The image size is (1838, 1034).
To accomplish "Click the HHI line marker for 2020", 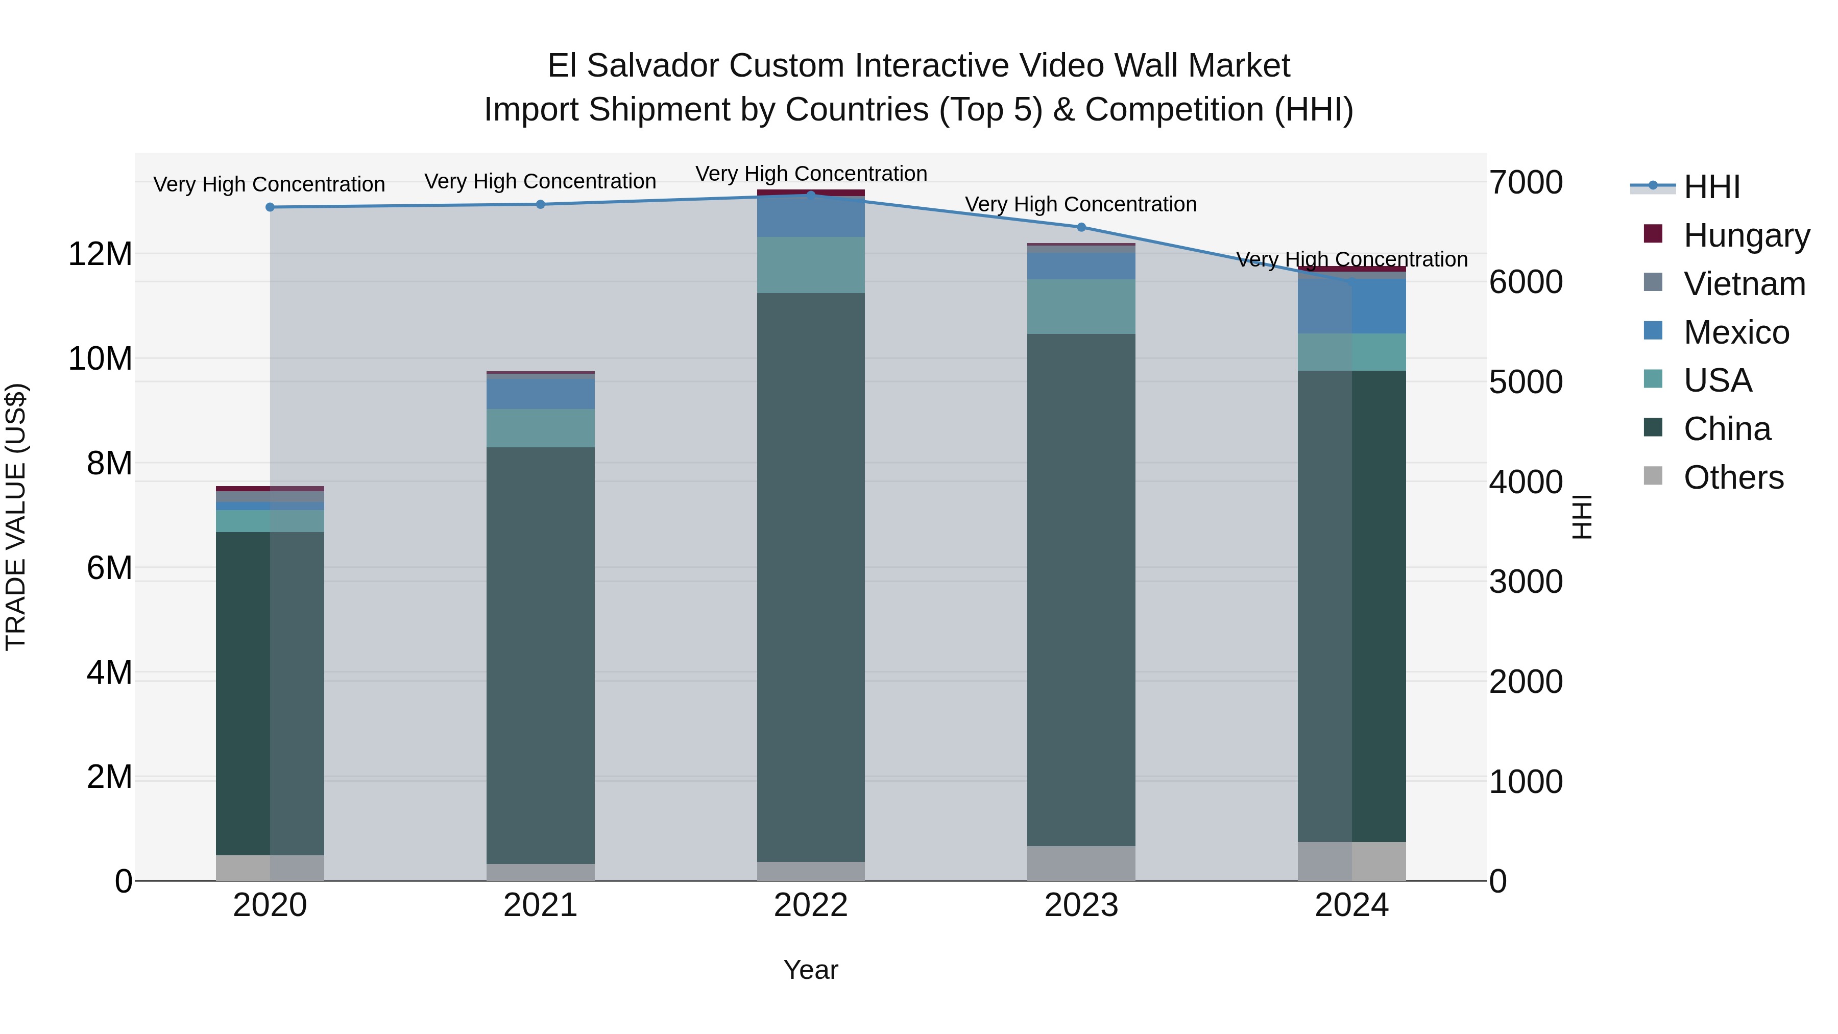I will (x=270, y=207).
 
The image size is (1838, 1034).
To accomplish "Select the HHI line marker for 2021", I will (x=540, y=204).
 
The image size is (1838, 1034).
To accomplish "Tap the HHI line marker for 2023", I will (x=1081, y=227).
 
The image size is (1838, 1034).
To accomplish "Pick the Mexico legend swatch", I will (x=1653, y=331).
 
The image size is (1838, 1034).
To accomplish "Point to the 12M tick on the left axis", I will (x=100, y=254).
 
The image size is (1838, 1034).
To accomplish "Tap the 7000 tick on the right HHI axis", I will (x=1526, y=183).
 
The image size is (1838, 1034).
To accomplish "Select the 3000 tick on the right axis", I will (x=1526, y=582).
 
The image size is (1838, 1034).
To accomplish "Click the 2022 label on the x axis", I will (x=811, y=905).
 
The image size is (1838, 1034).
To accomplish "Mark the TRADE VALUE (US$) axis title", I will (x=16, y=517).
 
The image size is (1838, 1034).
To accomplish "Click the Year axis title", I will (x=811, y=970).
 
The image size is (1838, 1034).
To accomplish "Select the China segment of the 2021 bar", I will (x=540, y=655).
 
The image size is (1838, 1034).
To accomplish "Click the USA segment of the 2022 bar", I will (x=811, y=264).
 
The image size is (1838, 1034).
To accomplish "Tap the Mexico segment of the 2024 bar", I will (x=1351, y=306).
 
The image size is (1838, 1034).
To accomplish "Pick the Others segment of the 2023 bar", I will (x=1081, y=863).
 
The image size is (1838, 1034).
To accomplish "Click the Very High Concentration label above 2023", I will (x=1081, y=204).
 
